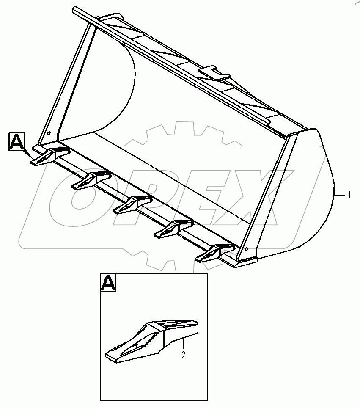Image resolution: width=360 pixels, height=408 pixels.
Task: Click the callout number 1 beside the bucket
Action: coord(349,195)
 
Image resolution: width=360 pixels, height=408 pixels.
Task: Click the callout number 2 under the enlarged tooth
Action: coord(184,355)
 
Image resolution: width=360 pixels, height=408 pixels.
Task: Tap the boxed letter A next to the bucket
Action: coord(16,141)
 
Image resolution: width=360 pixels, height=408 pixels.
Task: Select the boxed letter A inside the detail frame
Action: coord(108,282)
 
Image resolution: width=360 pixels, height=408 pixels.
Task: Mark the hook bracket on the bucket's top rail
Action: coord(214,73)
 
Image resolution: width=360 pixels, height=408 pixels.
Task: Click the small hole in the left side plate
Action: coord(49,134)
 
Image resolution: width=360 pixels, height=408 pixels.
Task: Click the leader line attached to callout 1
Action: coord(340,195)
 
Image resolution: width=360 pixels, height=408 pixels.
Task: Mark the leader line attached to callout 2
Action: coord(183,345)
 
